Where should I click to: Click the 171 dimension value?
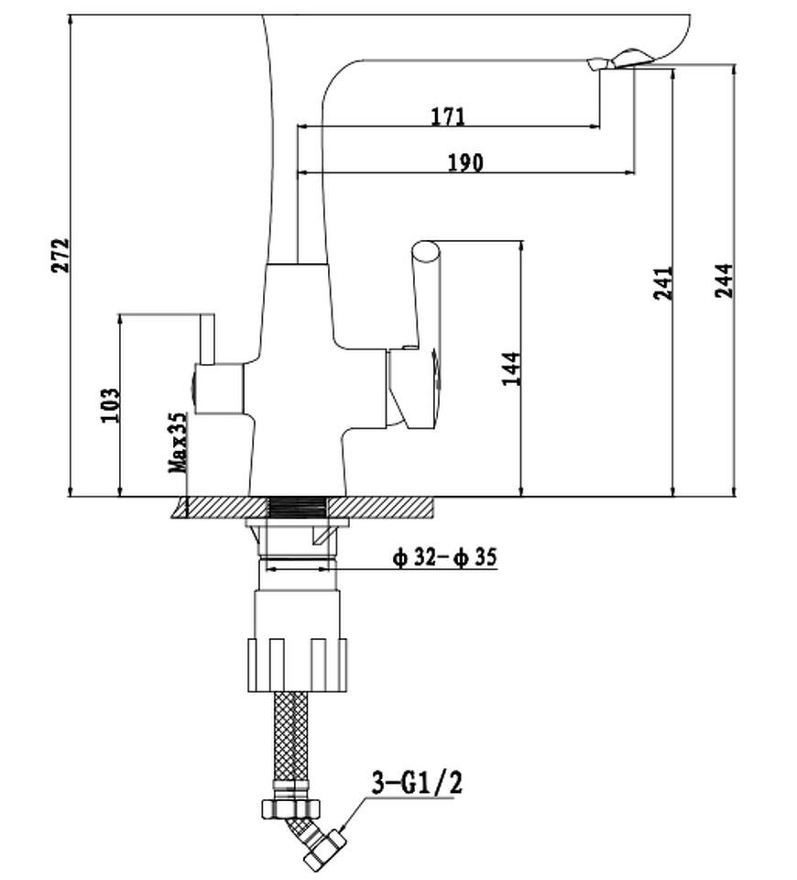(x=447, y=116)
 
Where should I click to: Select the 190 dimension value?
(x=464, y=162)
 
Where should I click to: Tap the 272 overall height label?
(x=60, y=256)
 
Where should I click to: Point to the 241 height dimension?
(x=664, y=282)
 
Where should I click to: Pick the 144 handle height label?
(x=511, y=368)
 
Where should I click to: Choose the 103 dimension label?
(x=110, y=404)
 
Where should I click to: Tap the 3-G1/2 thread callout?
(x=417, y=784)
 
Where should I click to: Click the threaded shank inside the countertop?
(x=299, y=506)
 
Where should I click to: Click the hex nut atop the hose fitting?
(x=290, y=806)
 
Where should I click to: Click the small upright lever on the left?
(x=206, y=338)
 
